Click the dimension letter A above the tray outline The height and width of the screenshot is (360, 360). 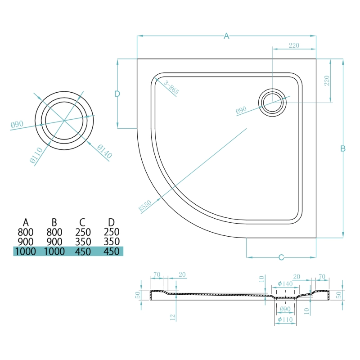[x=227, y=36]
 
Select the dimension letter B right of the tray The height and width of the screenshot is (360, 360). [x=343, y=148]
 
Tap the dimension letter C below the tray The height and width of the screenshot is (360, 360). [x=281, y=257]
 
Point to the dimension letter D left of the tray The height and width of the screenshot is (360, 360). [x=117, y=94]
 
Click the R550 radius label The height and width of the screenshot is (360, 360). [x=144, y=206]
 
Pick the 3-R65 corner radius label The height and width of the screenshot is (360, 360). [x=171, y=87]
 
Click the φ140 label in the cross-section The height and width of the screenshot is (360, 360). [x=286, y=283]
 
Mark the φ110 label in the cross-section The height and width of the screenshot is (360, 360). [x=286, y=320]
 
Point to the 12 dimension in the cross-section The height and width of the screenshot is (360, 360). [x=172, y=317]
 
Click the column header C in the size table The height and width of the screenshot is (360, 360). [x=82, y=222]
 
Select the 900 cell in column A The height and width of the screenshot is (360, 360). [x=26, y=242]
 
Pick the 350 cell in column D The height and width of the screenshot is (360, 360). [x=111, y=242]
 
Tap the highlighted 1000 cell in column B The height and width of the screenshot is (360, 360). [x=54, y=252]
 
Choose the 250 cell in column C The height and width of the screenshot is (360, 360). [x=82, y=232]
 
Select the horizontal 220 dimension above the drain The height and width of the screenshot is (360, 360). [x=294, y=45]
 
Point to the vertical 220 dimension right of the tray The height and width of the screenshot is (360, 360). [x=327, y=81]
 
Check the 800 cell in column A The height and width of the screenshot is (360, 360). [x=26, y=232]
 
